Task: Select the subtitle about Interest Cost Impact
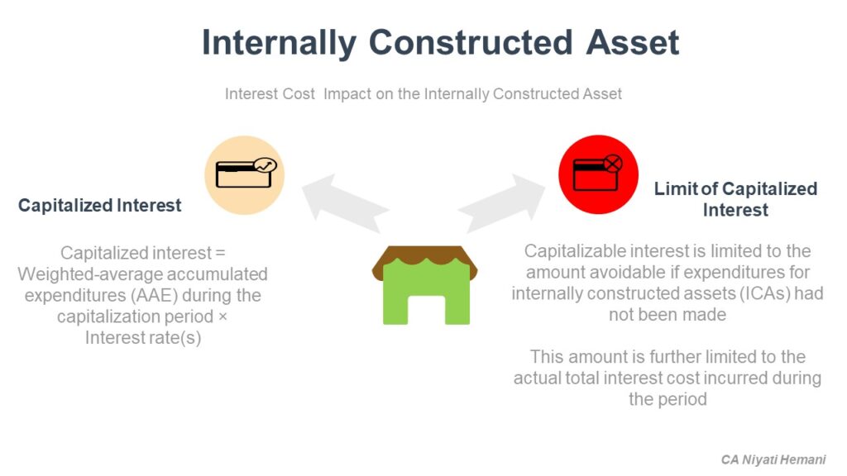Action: pyautogui.click(x=423, y=93)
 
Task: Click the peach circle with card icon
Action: pyautogui.click(x=244, y=175)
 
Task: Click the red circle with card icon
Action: pyautogui.click(x=598, y=174)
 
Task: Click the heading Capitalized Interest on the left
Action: pyautogui.click(x=99, y=206)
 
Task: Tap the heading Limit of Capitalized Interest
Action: pyautogui.click(x=735, y=199)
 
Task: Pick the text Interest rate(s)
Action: pyautogui.click(x=142, y=338)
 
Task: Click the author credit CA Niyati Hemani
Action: pyautogui.click(x=773, y=459)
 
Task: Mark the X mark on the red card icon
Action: pyautogui.click(x=613, y=164)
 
